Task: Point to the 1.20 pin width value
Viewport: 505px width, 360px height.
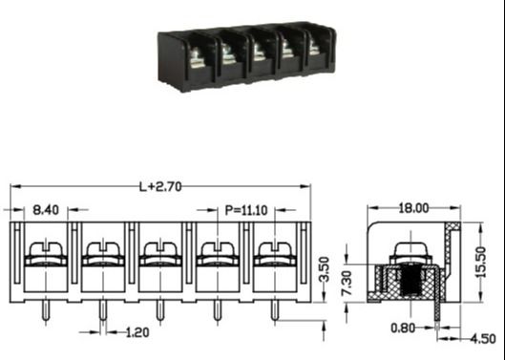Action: pos(137,333)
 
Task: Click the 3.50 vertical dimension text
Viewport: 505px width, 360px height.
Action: pos(325,268)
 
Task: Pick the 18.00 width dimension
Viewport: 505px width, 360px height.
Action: pos(412,207)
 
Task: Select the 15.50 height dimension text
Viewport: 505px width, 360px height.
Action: pos(484,261)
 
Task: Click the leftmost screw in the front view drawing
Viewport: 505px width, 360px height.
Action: pos(44,255)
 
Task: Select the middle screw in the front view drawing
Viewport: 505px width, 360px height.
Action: pos(158,255)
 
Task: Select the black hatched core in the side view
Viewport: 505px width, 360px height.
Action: pos(413,285)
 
